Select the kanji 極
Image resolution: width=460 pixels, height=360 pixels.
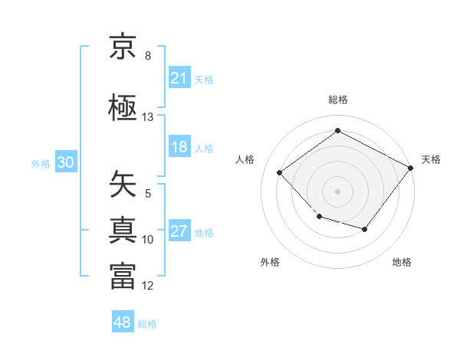[123, 107]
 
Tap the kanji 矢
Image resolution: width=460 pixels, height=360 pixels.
[123, 184]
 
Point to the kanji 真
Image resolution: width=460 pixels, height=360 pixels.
[123, 230]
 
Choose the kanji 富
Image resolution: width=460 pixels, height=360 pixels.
[123, 276]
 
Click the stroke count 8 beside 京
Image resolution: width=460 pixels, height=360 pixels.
[148, 56]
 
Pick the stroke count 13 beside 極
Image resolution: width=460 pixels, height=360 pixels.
[148, 117]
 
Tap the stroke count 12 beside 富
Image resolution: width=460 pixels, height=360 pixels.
[148, 286]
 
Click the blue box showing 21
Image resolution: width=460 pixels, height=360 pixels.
[179, 78]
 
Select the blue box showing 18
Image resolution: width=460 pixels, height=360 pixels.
[179, 147]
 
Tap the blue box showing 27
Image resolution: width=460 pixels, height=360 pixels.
[179, 231]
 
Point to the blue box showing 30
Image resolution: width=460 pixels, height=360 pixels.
[65, 162]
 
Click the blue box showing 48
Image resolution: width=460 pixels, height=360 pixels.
[123, 322]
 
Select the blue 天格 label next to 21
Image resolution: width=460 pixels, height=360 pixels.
[204, 79]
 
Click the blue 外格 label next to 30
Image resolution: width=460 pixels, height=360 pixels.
[41, 163]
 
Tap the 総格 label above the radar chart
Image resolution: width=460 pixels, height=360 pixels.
[338, 100]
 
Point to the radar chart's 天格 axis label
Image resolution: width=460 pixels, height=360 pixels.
[431, 159]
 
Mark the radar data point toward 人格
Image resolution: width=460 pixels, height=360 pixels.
[280, 173]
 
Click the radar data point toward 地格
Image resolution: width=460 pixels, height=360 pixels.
[365, 229]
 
